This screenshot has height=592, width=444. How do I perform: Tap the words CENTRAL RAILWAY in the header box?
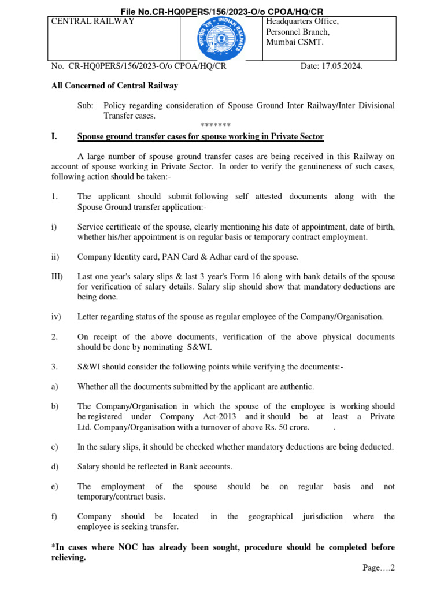pos(93,21)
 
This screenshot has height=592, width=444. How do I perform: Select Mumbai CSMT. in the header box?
pos(294,43)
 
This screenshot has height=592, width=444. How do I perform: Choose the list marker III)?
pos(58,276)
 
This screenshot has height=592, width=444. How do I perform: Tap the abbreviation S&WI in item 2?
pos(200,347)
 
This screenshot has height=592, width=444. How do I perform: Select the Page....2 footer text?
pos(379,568)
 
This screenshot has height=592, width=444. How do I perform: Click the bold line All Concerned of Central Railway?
pos(114,86)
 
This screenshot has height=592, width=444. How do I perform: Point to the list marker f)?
pos(55,516)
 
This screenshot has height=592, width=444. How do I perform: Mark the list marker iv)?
pos(56,316)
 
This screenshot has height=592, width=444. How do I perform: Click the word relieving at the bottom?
pos(68,558)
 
